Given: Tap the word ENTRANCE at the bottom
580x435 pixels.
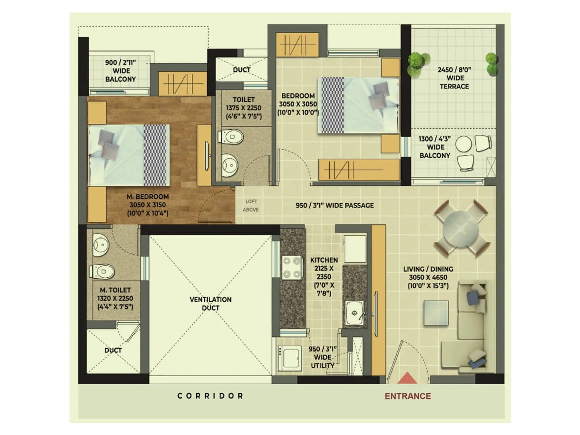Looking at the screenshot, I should [408, 396].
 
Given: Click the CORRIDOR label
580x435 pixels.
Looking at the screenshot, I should [210, 396].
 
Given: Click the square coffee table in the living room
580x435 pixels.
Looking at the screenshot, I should [436, 312].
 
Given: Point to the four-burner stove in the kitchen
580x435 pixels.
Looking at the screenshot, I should [292, 268].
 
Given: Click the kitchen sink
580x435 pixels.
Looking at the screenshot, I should [355, 313].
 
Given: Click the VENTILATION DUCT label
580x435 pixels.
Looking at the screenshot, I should [211, 304].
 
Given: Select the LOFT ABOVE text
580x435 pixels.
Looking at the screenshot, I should [251, 206].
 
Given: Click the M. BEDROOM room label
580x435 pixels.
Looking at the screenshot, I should [148, 205].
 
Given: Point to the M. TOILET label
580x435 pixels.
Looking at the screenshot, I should [115, 298].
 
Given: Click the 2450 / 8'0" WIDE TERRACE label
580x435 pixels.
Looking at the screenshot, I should [455, 78].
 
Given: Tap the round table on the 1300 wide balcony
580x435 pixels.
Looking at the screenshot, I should [463, 144].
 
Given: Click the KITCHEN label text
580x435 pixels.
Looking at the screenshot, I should [324, 260].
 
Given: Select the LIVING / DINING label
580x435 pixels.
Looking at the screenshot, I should [428, 277].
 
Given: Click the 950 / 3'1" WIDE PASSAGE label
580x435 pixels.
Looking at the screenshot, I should [335, 206].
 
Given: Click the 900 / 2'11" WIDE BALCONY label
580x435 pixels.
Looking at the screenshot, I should [121, 71].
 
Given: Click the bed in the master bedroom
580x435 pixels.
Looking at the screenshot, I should [129, 155].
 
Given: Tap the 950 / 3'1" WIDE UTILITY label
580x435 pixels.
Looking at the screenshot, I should [323, 357].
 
